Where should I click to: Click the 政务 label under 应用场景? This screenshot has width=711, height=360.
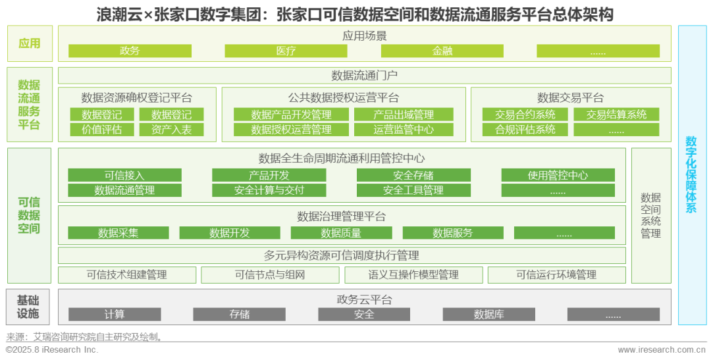point(130,51)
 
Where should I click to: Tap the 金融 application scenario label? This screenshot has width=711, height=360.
point(442,51)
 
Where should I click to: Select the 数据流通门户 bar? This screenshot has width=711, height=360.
point(364,76)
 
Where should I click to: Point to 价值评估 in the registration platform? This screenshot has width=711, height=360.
point(101,130)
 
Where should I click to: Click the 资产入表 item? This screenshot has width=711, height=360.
point(171,130)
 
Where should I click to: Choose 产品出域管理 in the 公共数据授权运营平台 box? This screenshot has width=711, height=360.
point(404,115)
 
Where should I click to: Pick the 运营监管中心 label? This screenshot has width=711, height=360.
point(404,130)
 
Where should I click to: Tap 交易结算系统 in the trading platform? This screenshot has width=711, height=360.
point(616,115)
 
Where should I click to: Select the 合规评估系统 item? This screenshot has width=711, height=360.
point(525,130)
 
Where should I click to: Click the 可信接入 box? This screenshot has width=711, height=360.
point(124,175)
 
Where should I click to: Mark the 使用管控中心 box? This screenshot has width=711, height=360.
point(558,175)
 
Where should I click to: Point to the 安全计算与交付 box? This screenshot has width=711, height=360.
point(269,190)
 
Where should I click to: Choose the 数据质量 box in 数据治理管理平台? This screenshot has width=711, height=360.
point(341,233)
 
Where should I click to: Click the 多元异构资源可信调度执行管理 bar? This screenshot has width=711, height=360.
point(341,255)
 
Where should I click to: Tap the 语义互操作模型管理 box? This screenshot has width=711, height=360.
point(413,275)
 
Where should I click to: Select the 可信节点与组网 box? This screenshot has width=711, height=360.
point(270,275)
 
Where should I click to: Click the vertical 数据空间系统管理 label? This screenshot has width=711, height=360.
point(650,215)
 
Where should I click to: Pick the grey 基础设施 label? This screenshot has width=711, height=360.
point(28,307)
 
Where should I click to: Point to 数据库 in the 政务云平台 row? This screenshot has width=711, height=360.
point(488,315)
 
